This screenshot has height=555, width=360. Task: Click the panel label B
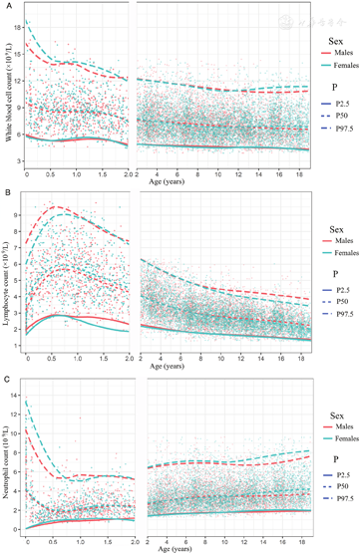click(x=5, y=188)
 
